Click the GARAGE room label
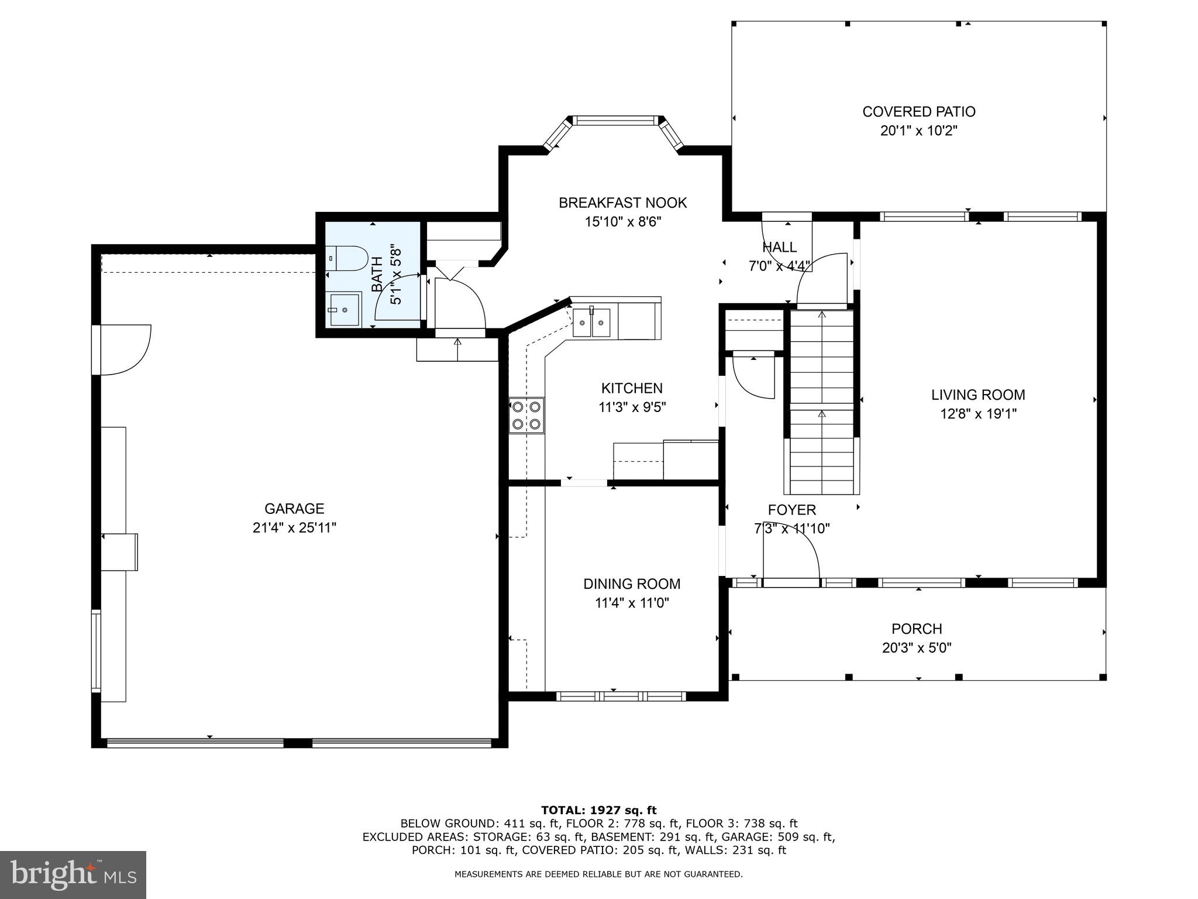(294, 509)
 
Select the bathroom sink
(344, 308)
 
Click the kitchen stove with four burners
(526, 415)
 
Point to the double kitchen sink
(591, 322)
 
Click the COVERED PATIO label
(918, 111)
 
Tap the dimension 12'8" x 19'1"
(978, 414)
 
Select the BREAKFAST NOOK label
(622, 203)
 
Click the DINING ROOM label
(632, 584)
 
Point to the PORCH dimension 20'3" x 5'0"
(917, 648)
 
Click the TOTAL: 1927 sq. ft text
(598, 810)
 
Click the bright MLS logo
(73, 874)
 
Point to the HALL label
(779, 247)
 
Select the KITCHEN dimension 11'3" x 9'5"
(632, 407)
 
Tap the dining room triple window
(620, 696)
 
